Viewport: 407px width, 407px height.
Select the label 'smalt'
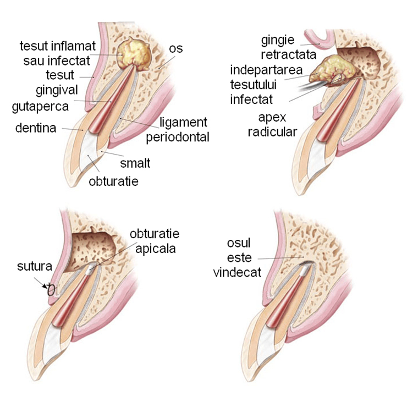point(135,163)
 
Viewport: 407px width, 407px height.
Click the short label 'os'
point(175,49)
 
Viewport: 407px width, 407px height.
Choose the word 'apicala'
point(157,248)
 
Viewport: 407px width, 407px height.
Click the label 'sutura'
point(35,267)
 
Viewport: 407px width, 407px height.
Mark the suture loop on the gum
point(51,289)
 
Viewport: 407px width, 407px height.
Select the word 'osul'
point(236,244)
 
